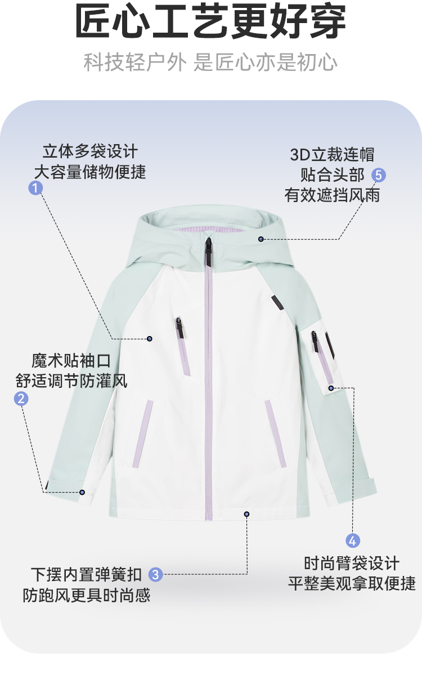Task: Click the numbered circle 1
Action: point(36,188)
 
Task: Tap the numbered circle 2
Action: point(21,399)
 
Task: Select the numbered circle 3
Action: point(156,574)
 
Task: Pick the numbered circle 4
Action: point(353,540)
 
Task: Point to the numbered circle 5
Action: point(379,175)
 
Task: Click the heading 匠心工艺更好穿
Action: point(210,23)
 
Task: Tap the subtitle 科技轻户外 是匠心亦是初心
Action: point(210,62)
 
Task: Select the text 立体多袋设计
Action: point(90,151)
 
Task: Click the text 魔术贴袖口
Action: point(71,360)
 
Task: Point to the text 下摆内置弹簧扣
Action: point(87,574)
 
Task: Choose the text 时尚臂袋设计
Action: point(352,563)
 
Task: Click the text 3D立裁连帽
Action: point(332,154)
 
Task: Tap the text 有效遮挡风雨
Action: point(332,195)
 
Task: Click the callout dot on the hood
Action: point(261,239)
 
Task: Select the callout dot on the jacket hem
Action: point(246,513)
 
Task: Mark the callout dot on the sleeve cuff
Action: point(82,492)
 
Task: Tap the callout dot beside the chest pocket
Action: point(150,338)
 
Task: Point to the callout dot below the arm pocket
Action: point(331,388)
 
